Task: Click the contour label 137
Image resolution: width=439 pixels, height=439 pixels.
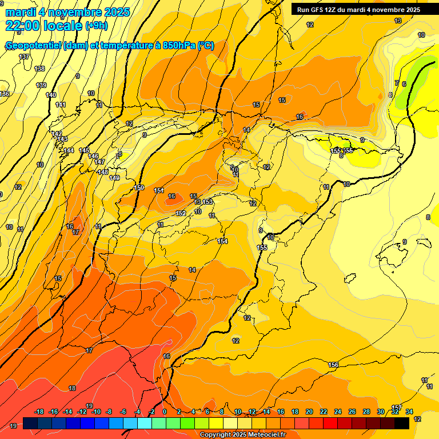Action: [24, 57]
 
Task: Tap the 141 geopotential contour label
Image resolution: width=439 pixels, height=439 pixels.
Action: [61, 105]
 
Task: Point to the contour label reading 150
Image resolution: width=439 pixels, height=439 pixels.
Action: [139, 187]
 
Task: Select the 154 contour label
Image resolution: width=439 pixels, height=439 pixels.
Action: [222, 241]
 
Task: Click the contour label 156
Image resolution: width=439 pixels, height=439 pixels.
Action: [333, 365]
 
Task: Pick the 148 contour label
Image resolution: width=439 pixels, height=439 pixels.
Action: [103, 172]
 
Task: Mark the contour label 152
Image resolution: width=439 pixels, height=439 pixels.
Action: [181, 213]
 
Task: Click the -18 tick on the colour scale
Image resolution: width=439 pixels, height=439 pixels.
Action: [39, 412]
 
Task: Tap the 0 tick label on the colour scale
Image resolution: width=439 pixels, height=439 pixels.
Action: [165, 412]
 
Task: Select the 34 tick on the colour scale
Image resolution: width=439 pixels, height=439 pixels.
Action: [409, 412]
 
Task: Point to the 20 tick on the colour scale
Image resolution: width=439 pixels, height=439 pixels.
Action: [309, 412]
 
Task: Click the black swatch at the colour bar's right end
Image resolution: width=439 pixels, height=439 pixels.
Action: [402, 423]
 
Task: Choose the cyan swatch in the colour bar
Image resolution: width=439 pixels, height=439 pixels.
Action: [145, 423]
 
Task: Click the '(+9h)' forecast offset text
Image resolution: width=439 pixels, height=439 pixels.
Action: [96, 26]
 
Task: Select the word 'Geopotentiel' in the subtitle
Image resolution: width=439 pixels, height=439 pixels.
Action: [33, 46]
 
